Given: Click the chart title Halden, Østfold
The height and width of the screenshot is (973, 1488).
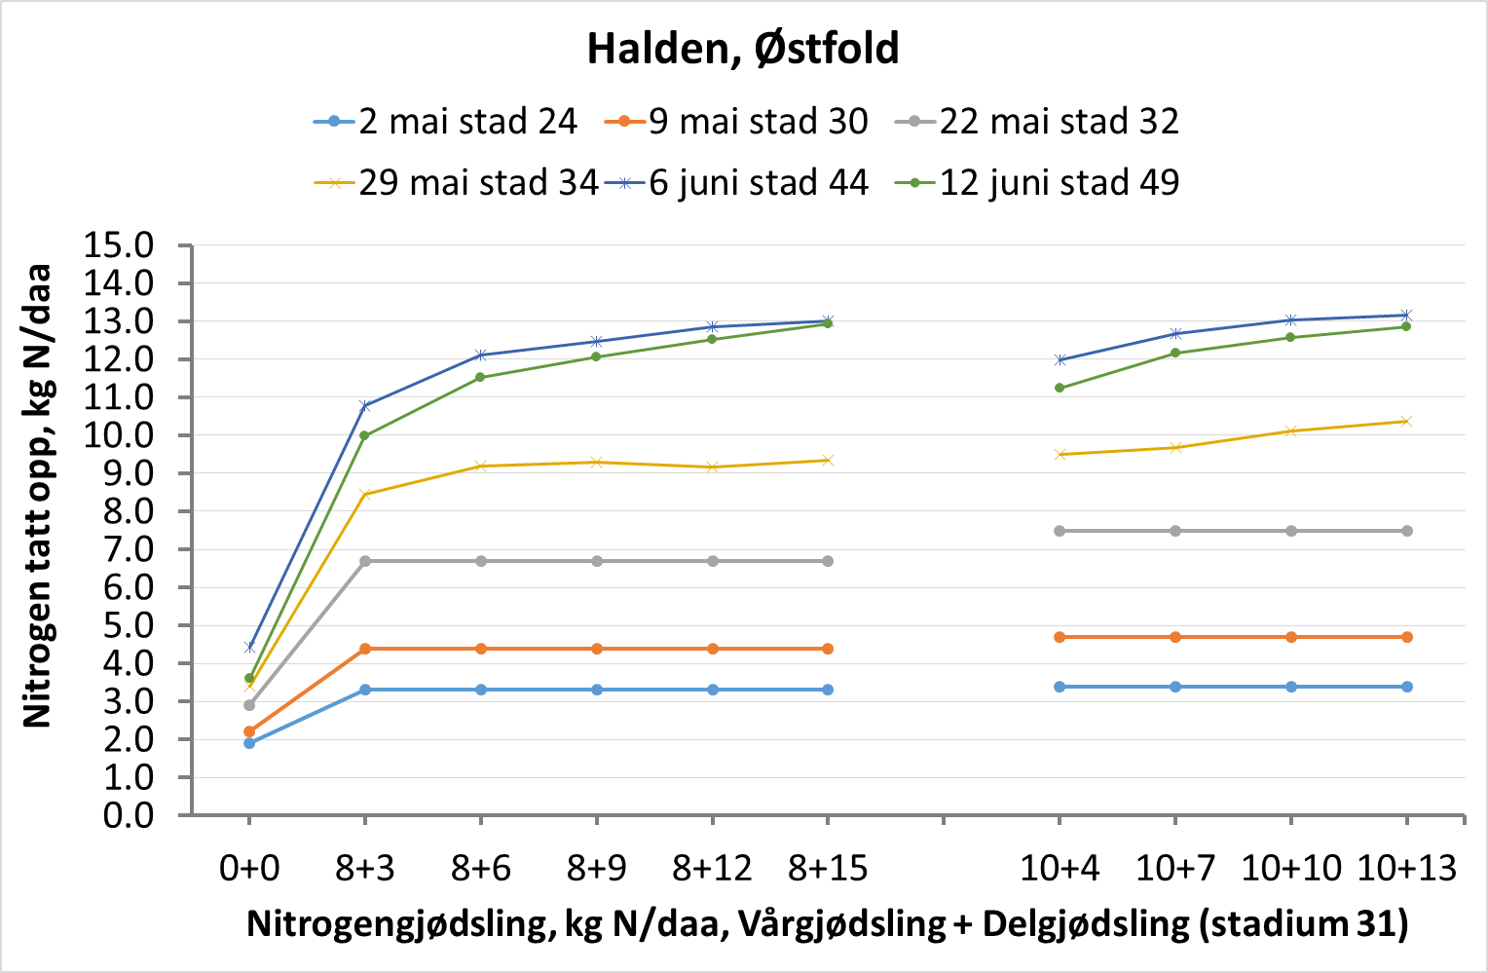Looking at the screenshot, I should point(743,49).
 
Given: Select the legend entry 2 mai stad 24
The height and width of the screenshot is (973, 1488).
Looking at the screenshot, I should point(446,122).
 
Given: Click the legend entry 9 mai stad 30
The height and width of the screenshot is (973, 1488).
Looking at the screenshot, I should point(736,122).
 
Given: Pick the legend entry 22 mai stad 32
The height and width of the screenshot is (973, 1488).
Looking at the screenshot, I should point(1037,122).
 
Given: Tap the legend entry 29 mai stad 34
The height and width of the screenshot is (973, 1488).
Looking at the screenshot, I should point(456,182).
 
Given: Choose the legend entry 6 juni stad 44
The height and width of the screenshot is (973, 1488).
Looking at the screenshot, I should point(736,182).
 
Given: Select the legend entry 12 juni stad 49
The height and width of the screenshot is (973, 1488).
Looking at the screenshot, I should point(1037,182).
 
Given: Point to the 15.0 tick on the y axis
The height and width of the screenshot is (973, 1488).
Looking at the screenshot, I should point(119,245).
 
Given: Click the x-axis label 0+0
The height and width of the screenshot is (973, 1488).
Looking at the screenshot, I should point(249,868).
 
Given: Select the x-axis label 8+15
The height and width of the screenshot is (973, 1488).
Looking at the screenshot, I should point(828,868).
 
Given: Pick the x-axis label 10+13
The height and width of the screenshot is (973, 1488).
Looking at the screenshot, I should point(1406,868).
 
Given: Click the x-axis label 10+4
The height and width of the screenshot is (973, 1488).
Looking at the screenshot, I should point(1060,868).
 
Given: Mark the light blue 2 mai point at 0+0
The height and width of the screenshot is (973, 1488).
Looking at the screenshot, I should point(249,743).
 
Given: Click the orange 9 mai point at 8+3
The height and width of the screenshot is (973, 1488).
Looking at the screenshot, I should point(365,649).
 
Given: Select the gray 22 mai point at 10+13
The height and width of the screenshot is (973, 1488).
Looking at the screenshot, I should point(1406,531).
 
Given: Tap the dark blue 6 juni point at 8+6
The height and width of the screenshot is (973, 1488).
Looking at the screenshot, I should point(481,355).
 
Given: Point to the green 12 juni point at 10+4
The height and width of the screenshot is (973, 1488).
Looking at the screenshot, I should point(1060,388).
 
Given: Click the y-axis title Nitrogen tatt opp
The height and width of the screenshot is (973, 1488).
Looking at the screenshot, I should point(37,497).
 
